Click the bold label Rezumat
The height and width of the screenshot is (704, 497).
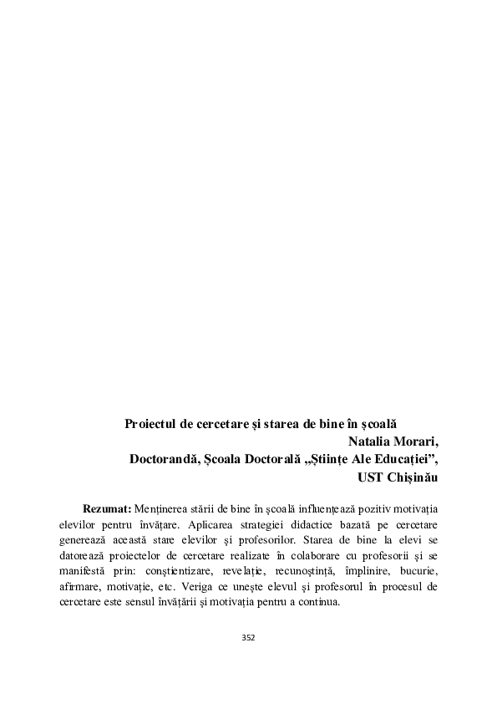tap(106, 509)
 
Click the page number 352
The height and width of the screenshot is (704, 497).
tap(248, 637)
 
